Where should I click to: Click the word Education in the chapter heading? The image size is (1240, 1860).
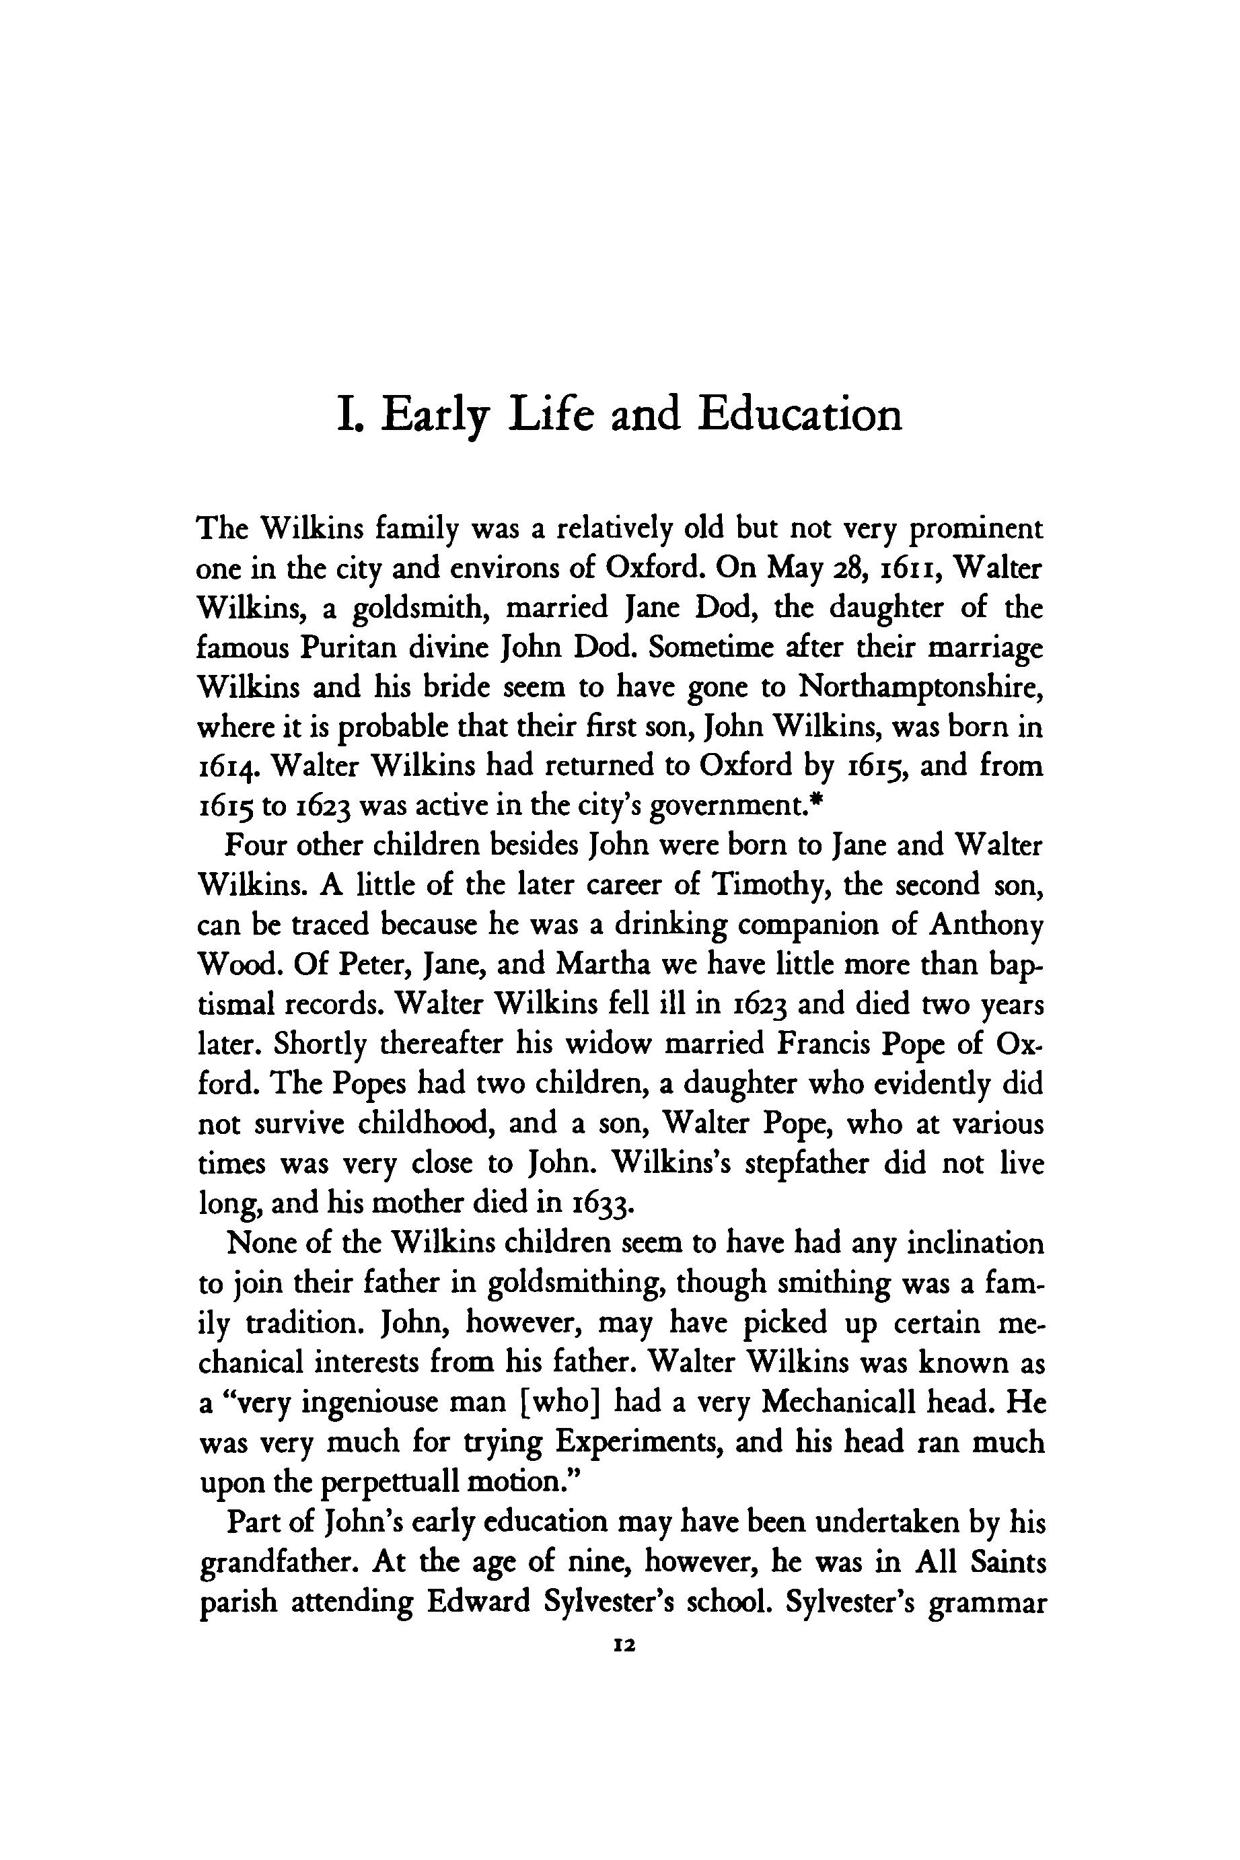coord(799,414)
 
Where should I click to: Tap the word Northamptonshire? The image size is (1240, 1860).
coord(920,686)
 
